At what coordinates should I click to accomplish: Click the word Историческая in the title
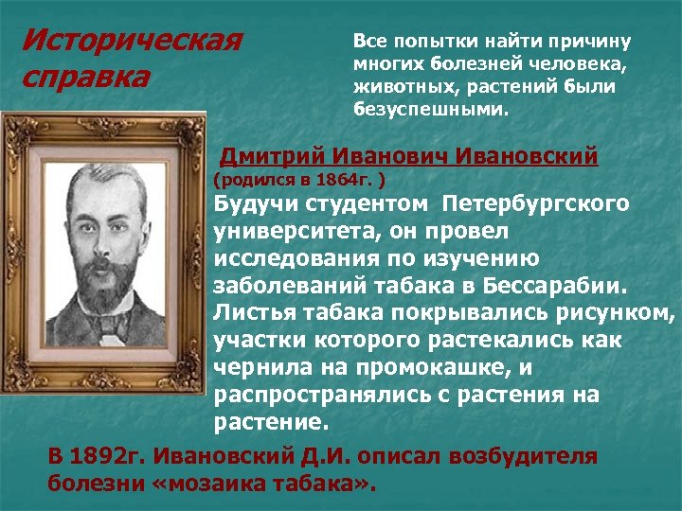132,42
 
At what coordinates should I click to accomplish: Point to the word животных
392,87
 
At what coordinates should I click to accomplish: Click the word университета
291,230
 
